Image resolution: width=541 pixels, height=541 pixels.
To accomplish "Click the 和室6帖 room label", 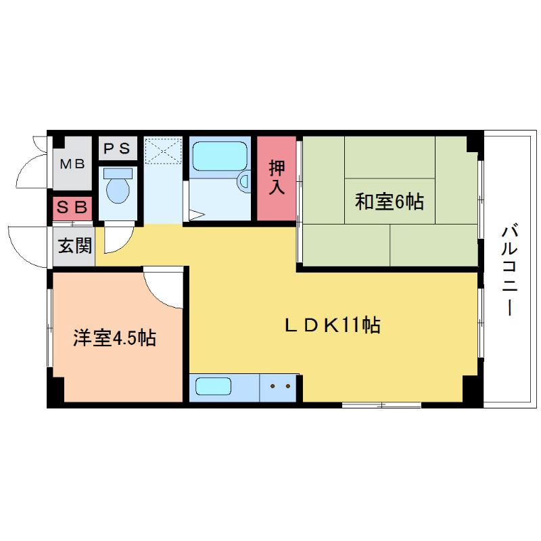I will [x=390, y=201].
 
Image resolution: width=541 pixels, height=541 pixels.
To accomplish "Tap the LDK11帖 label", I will [x=331, y=325].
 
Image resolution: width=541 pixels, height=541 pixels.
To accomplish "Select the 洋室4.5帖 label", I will [x=115, y=337].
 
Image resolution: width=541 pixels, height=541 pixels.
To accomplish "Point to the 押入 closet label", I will [x=277, y=177].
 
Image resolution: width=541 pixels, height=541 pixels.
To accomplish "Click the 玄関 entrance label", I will [x=74, y=245].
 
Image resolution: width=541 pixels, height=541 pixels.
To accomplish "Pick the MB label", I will [x=72, y=164].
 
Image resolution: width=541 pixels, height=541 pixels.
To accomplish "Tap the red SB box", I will [x=72, y=208].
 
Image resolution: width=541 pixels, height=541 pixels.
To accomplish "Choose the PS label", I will [x=118, y=148].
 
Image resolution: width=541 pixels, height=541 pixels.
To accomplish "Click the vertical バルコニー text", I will [x=509, y=270].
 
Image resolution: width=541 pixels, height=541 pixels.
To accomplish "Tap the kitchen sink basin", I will [x=213, y=387].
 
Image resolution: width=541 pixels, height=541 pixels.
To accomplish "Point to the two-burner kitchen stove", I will [x=279, y=387].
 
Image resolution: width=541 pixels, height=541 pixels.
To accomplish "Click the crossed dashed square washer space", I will [x=163, y=151].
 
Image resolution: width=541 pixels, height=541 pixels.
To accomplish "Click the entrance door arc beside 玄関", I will [x=27, y=244].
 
